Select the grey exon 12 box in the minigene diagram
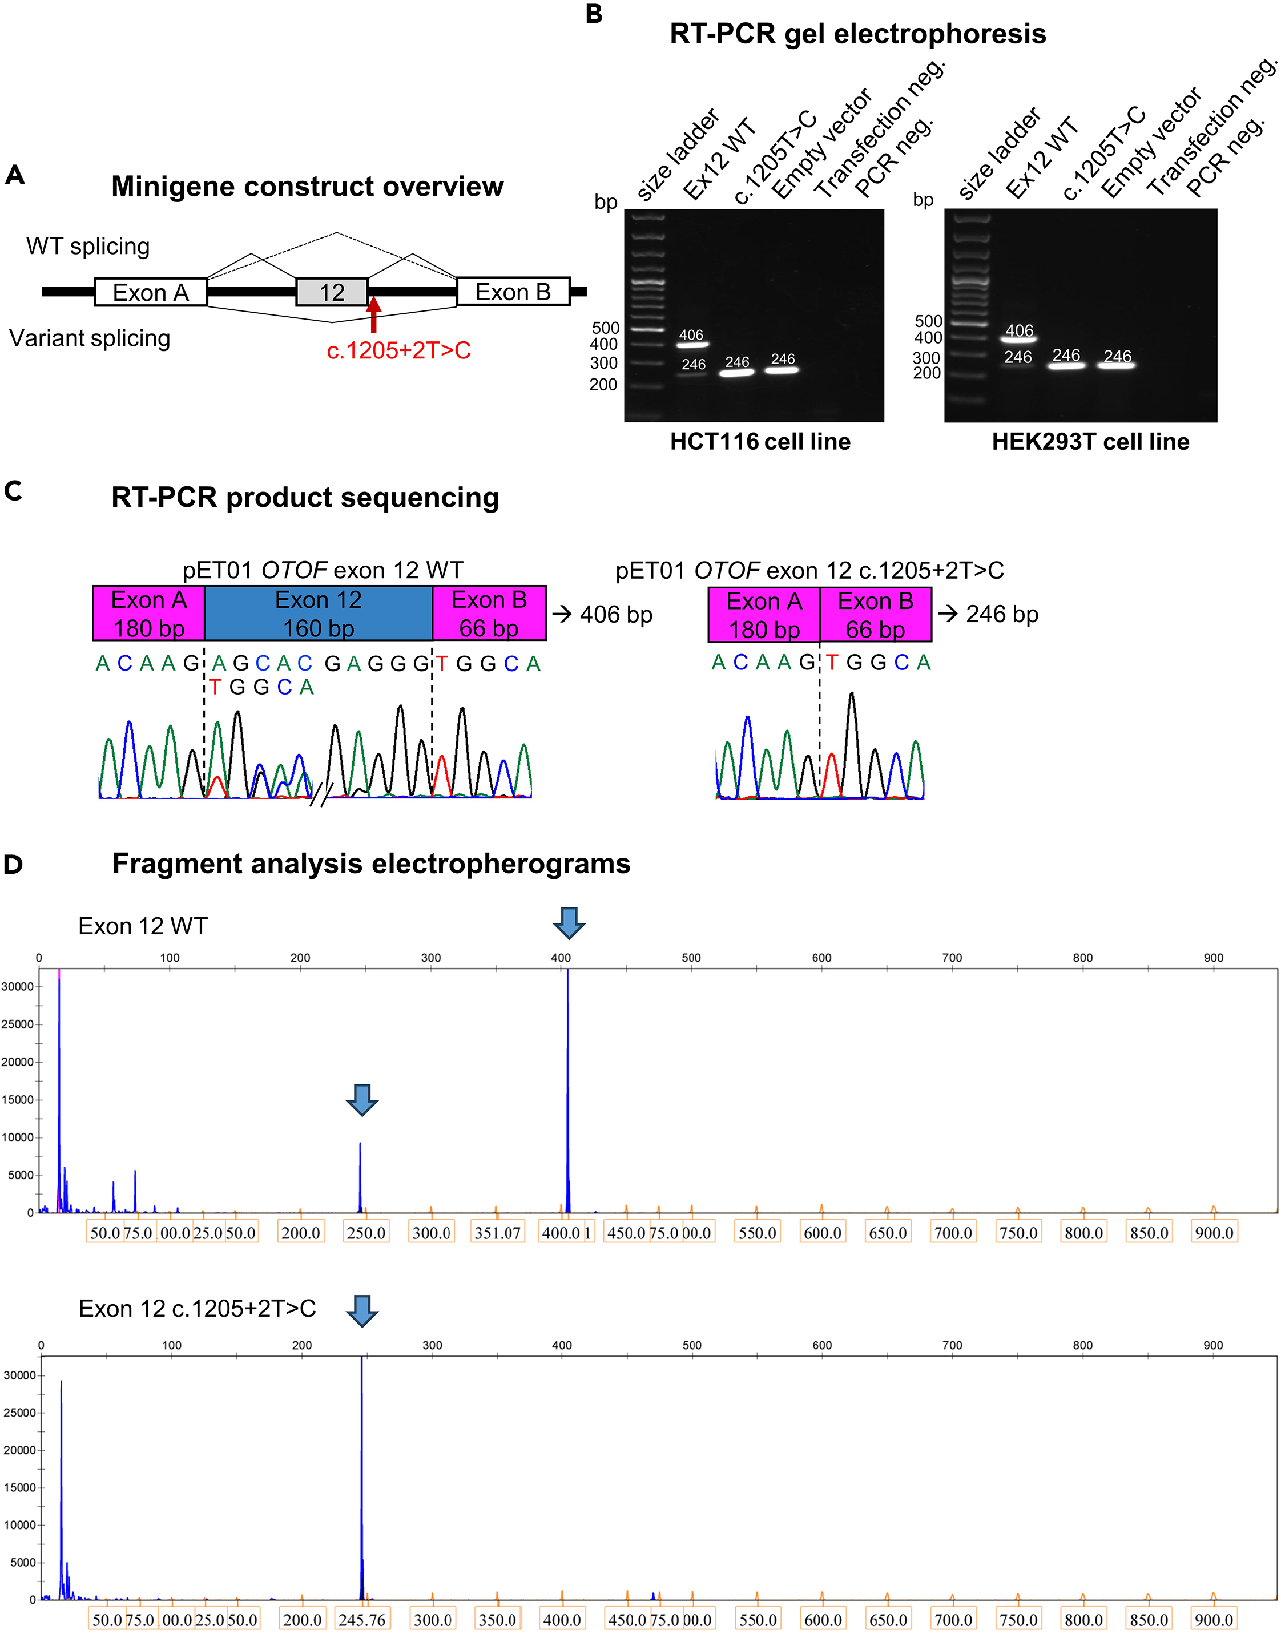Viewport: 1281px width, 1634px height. (332, 292)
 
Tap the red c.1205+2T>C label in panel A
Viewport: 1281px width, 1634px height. (398, 350)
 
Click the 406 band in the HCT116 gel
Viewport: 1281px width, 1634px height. (691, 344)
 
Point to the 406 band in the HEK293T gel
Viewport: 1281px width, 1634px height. (1018, 339)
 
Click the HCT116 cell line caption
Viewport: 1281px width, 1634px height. (760, 442)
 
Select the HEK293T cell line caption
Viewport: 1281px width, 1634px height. (1090, 442)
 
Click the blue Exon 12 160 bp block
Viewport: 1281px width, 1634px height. (318, 614)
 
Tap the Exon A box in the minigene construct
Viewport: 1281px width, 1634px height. (151, 292)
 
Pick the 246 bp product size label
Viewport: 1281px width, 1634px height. (1001, 614)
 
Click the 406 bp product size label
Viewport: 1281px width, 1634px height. (616, 614)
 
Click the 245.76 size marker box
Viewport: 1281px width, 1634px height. (362, 1620)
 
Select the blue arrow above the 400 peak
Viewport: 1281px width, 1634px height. (569, 922)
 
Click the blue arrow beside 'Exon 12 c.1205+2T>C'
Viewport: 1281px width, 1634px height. (362, 1310)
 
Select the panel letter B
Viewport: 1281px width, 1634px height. (594, 14)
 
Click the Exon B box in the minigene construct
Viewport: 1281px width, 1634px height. (513, 292)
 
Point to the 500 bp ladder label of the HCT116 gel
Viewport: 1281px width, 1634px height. (605, 328)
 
